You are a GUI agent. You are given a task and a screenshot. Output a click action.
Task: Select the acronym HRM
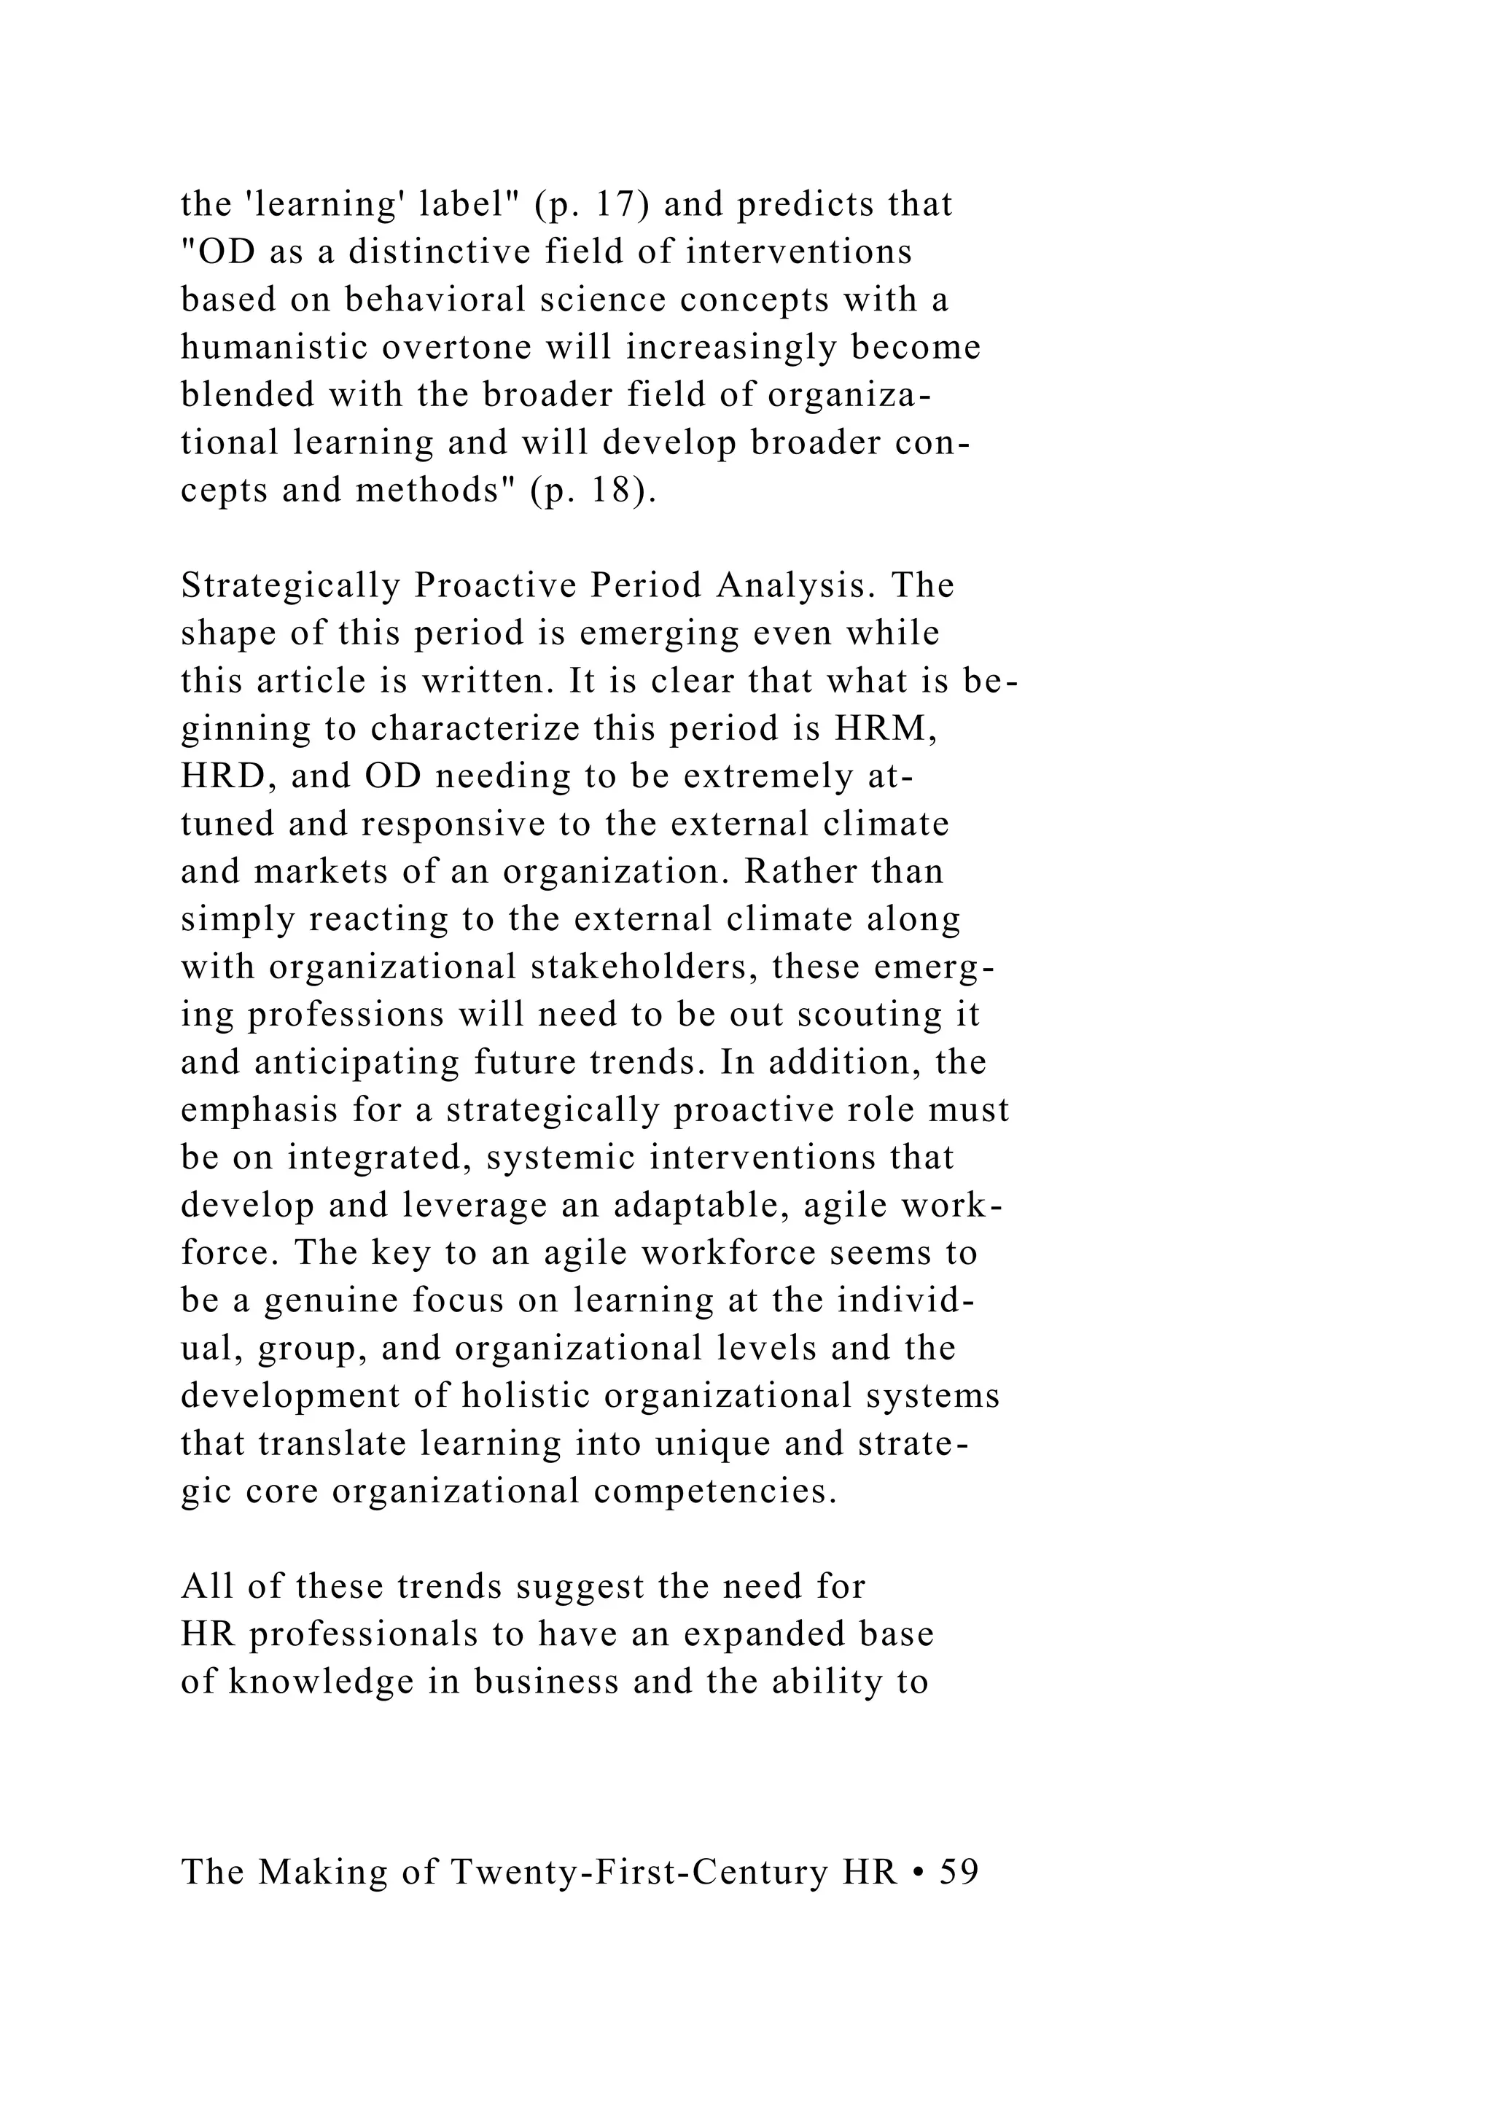(x=886, y=729)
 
